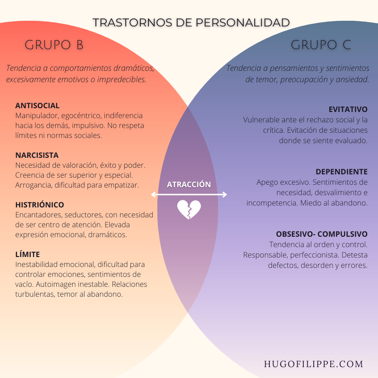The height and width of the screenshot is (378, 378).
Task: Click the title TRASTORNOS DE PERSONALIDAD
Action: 191,23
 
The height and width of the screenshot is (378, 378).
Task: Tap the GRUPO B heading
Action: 54,45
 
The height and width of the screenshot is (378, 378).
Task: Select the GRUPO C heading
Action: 321,45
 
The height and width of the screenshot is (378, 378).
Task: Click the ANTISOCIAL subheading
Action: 37,105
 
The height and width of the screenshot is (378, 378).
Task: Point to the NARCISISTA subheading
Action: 37,155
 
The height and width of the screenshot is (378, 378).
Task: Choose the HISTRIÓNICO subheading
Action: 40,205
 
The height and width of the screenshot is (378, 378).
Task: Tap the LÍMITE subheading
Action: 27,254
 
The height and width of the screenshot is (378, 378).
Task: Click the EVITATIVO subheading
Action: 348,110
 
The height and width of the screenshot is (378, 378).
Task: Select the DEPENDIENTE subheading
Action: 342,172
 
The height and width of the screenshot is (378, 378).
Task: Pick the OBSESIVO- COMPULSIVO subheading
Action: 322,234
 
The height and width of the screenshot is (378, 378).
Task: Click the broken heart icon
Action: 189,209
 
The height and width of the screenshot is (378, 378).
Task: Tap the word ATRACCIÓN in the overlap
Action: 189,184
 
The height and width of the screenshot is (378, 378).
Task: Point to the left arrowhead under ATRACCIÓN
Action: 152,195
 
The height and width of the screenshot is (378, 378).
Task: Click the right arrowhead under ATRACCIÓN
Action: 225,195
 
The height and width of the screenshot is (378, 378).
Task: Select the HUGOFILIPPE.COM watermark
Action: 314,364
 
